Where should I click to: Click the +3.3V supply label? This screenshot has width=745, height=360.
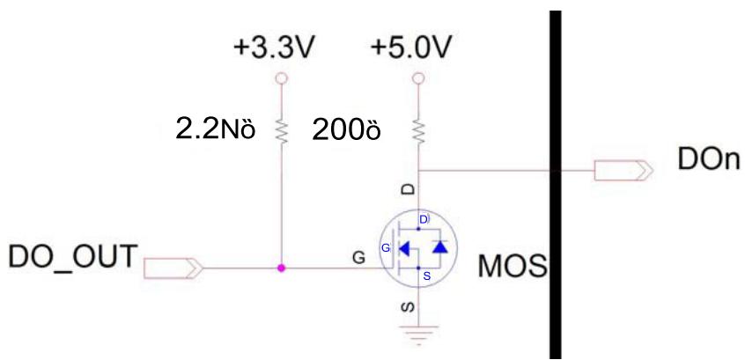point(274,48)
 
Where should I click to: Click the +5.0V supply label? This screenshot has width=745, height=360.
point(410,48)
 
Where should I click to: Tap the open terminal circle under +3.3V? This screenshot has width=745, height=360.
point(281,77)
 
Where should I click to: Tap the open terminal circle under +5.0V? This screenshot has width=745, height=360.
point(418,77)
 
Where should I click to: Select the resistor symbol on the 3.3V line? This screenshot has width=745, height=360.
point(281,130)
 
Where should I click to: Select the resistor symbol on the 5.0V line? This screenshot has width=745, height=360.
point(418,130)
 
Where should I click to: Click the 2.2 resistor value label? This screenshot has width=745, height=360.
point(216,129)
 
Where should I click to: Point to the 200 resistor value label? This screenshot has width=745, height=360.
point(346,129)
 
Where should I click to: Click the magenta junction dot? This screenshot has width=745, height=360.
point(281,268)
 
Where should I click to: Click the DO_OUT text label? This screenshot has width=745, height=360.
point(73,256)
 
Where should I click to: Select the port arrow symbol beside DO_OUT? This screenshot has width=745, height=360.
point(173,268)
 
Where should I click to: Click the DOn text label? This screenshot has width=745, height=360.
point(709,160)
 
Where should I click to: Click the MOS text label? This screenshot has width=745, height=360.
point(513,267)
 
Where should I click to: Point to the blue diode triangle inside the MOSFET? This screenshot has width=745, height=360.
point(440,247)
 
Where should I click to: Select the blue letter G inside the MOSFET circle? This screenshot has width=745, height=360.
point(386,247)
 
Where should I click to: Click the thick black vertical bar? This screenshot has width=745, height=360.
point(556,184)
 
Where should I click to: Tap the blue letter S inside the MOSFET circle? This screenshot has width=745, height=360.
point(426,276)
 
